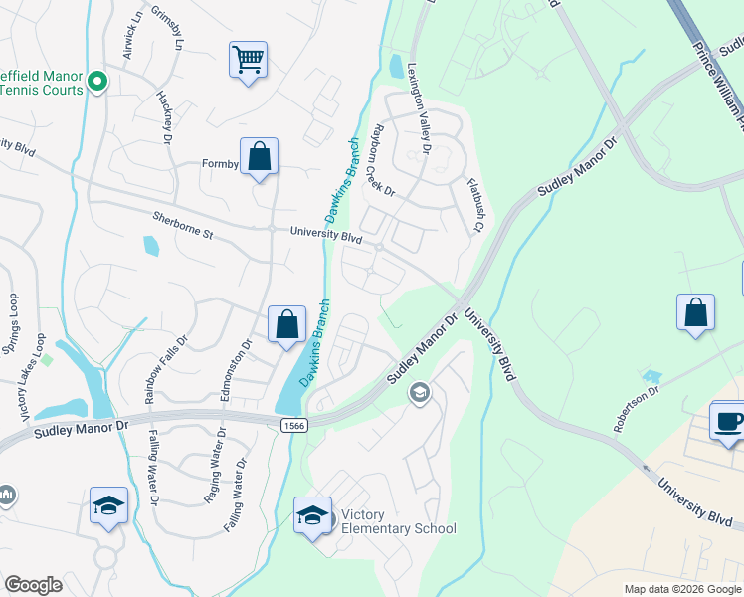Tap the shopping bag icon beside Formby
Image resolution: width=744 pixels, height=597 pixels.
pos(259,156)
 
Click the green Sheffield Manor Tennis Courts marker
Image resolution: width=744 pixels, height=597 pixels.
pos(97,82)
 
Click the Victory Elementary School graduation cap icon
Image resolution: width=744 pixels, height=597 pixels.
pos(312,514)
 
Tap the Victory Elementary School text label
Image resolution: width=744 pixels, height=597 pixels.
pos(398,522)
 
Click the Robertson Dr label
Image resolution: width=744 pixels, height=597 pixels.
pos(637,408)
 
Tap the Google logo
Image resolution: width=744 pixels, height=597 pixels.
pos(33,585)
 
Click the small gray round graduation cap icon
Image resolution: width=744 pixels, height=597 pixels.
pos(419,393)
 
